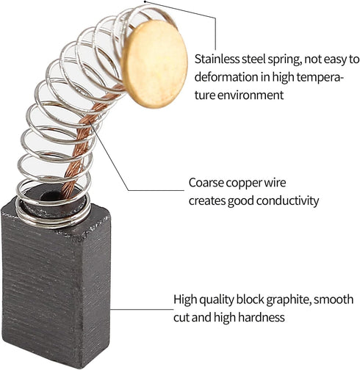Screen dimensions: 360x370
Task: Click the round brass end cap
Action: click(x=154, y=64)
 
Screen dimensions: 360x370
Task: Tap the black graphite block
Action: click(x=56, y=284)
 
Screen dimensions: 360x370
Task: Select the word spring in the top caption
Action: click(x=284, y=60)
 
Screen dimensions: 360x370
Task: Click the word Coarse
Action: click(x=206, y=183)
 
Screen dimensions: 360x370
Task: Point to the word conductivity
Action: click(x=288, y=201)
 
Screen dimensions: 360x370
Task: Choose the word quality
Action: click(x=216, y=300)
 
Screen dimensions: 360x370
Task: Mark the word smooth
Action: click(x=334, y=300)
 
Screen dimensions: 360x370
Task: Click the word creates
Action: click(x=207, y=201)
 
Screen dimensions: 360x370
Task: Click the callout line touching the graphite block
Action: click(x=142, y=309)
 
